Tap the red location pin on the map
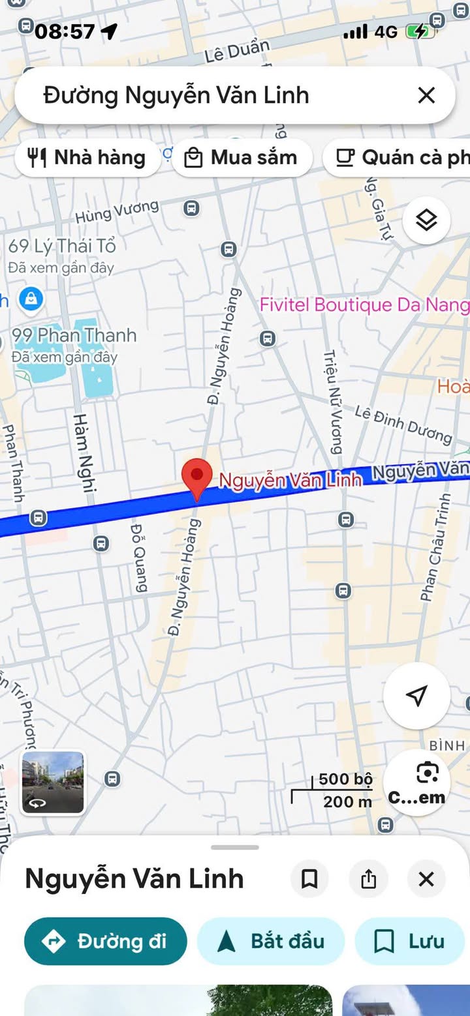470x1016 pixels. (197, 475)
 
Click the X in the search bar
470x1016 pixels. (426, 96)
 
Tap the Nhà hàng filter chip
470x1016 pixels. (87, 158)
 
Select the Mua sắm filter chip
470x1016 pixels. (242, 158)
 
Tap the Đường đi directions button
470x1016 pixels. (106, 941)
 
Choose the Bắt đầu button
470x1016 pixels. (271, 941)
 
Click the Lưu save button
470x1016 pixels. (410, 941)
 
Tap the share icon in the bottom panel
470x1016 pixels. (369, 879)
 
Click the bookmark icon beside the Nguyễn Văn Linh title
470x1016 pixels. (309, 879)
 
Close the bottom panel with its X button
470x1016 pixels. (426, 879)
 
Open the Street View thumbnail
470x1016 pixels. (53, 783)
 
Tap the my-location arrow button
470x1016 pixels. (416, 696)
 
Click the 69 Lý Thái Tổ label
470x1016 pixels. (62, 247)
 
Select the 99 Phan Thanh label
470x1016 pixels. (74, 336)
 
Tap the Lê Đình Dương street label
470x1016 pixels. (403, 424)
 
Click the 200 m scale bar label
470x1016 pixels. (347, 801)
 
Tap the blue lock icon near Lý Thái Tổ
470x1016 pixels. (31, 299)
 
